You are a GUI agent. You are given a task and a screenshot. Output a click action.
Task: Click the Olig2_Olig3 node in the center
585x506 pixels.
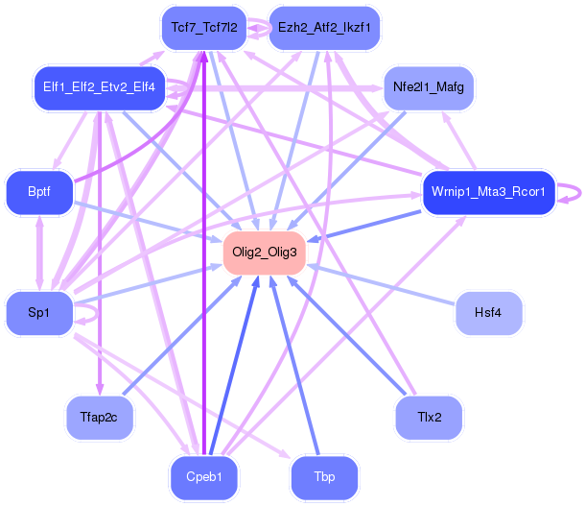(265, 253)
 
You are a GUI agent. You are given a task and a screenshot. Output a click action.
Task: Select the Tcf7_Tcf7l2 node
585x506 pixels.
(204, 28)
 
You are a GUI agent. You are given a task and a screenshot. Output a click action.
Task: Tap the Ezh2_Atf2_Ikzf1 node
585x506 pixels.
(324, 28)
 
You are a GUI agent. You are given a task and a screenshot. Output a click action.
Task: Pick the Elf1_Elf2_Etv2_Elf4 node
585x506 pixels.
(99, 87)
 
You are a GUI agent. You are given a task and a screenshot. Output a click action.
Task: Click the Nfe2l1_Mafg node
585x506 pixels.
(429, 87)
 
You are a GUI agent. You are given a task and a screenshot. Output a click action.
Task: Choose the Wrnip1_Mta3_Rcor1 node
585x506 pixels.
(488, 192)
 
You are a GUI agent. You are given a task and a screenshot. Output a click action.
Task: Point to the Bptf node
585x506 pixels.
(39, 192)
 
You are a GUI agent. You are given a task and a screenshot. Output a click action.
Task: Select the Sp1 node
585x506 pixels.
(39, 313)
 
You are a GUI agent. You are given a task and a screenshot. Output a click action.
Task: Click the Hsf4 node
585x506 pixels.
(488, 313)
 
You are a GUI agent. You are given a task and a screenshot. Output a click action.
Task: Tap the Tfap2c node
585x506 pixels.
(99, 418)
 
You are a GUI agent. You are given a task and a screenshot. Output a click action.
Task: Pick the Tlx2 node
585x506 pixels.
(429, 418)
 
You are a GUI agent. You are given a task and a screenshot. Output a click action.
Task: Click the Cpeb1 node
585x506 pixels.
(204, 477)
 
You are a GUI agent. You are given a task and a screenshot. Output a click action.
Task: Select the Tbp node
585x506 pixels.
(324, 477)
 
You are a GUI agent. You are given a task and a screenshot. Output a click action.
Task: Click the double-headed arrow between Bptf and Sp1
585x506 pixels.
(39, 253)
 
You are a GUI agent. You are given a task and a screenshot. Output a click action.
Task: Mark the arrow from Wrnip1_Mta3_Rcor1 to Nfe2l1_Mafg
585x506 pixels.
(459, 140)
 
